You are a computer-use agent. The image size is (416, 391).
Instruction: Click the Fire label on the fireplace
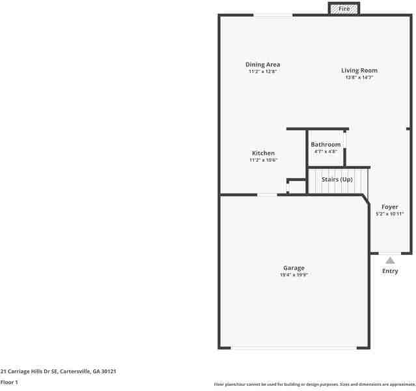(x=344, y=8)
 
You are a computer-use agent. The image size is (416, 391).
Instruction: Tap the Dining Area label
(x=262, y=65)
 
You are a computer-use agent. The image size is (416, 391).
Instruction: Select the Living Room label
(x=359, y=70)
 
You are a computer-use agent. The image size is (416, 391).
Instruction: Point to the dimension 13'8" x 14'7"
(x=359, y=78)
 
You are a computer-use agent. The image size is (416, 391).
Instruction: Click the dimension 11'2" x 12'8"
(x=262, y=72)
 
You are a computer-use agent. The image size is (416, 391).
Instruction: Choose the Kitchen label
(x=263, y=153)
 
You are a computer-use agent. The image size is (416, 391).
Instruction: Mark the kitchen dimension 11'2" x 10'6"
(x=263, y=160)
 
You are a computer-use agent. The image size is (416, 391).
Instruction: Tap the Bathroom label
(x=325, y=144)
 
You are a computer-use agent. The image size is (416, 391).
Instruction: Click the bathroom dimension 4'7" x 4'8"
(x=325, y=151)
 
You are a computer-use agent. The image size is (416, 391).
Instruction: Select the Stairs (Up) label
(x=337, y=179)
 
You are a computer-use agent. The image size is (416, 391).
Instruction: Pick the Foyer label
(x=389, y=207)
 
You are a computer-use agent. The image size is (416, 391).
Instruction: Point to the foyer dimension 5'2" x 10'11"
(x=389, y=214)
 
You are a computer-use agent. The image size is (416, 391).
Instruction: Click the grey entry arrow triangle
(x=390, y=260)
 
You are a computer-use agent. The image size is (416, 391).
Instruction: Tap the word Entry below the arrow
(x=390, y=271)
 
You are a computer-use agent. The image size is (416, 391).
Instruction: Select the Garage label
(x=294, y=268)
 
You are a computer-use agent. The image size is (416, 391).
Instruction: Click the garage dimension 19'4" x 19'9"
(x=294, y=275)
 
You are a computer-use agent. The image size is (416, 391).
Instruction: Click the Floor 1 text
(x=9, y=383)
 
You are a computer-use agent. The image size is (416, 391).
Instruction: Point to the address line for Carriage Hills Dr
(x=58, y=371)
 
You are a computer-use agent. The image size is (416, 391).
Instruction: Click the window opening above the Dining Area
(x=273, y=15)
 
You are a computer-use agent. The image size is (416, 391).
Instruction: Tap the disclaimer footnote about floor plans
(x=314, y=384)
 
